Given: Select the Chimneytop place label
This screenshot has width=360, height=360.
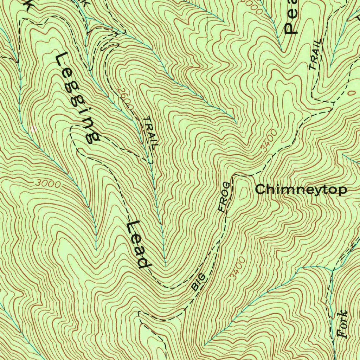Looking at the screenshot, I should pyautogui.click(x=301, y=190).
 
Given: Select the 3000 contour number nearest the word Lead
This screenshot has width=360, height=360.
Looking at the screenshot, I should pyautogui.click(x=48, y=184).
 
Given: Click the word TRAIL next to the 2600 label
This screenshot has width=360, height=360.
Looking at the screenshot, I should pyautogui.click(x=151, y=131).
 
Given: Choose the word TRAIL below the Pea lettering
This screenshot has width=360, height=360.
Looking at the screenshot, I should pyautogui.click(x=315, y=54).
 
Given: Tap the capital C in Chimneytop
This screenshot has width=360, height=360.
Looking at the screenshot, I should pyautogui.click(x=261, y=190).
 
